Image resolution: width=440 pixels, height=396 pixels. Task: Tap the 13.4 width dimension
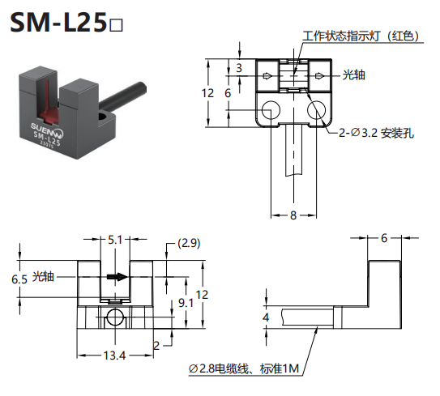pos(114,356)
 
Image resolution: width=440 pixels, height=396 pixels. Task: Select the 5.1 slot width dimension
pos(115,240)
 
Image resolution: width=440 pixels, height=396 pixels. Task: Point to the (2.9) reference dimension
pos(189,243)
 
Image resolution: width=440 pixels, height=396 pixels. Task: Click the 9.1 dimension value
pos(186,303)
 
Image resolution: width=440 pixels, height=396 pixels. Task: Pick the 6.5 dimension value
pos(19,279)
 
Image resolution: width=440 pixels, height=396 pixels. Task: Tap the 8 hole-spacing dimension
pos(293,215)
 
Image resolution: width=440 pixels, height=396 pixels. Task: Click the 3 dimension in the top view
pos(239,68)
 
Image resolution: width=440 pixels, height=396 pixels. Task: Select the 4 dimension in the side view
pos(266,317)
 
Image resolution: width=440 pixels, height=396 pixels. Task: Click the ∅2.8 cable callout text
pos(244,368)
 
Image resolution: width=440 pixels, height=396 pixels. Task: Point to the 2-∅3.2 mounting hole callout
pos(376,133)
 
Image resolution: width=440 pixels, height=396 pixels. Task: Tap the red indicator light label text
pos(361,36)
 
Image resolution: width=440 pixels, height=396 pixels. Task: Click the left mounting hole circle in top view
pos(271,110)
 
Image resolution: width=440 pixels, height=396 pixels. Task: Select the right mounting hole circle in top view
pos(316,110)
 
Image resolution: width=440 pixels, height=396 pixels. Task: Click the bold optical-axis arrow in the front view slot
pos(117,277)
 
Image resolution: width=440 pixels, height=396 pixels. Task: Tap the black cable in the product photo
pos(123,96)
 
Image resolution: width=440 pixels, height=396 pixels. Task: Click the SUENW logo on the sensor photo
pos(48,130)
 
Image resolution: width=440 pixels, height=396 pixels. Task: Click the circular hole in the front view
pos(115,317)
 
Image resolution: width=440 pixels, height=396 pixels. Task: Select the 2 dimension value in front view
pos(156,346)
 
